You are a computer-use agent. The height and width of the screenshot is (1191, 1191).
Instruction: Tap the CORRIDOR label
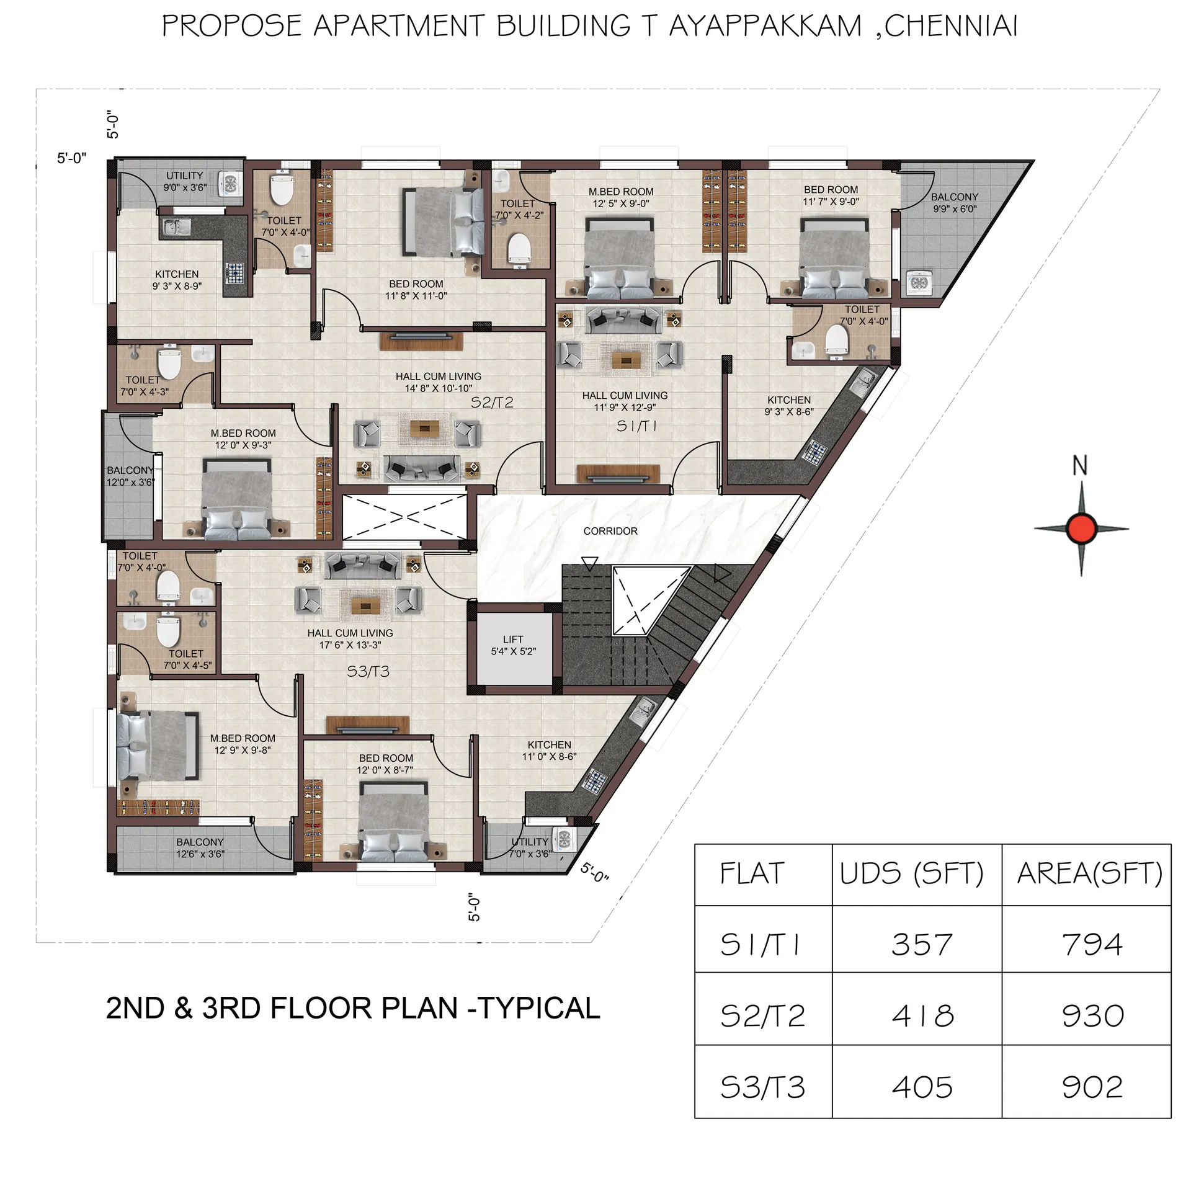coord(610,531)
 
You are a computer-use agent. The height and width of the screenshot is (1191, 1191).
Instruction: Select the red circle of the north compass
coord(1081,529)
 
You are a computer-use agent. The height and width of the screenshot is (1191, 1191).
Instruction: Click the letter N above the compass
coord(1080,465)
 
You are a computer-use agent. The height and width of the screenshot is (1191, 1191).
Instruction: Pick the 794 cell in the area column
coord(1092,945)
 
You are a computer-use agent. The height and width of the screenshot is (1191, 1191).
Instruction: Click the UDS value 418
coord(922,1016)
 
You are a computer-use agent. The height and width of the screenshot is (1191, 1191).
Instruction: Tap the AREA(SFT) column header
coord(1089,873)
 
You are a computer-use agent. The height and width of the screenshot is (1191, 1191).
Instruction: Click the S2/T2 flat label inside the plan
coord(492,403)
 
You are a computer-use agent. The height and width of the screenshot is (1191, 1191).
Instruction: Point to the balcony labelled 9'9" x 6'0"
coord(954,203)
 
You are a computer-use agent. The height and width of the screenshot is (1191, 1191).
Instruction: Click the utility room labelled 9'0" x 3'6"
coord(185,181)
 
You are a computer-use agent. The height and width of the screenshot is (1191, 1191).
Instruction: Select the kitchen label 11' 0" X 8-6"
coord(549,751)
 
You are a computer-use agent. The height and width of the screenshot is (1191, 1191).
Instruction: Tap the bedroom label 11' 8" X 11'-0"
coord(416,290)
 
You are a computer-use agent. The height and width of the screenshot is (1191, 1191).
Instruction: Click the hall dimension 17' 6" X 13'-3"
coord(350,645)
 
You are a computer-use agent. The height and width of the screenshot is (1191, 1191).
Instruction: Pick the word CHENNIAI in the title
coord(951,26)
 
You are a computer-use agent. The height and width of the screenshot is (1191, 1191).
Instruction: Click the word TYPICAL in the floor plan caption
coord(540,1008)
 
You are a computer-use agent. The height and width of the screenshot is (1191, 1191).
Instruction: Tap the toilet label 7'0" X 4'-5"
coord(187,659)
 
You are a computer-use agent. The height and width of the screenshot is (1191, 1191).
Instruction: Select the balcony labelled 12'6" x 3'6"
coord(200,848)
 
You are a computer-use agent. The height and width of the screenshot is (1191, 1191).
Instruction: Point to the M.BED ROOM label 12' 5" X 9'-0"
coord(620,197)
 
